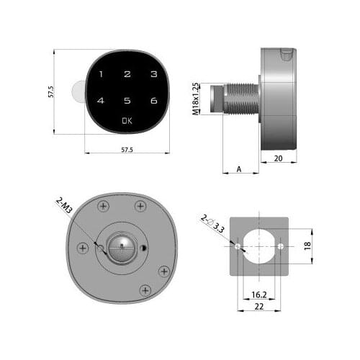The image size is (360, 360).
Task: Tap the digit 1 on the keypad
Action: [x=101, y=75]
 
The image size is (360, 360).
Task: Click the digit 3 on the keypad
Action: [x=154, y=75]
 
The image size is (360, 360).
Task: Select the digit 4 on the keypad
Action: [x=101, y=102]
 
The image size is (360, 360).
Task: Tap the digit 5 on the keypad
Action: [x=127, y=102]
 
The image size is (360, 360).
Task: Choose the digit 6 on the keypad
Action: [x=154, y=102]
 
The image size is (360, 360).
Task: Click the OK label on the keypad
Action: [x=127, y=121]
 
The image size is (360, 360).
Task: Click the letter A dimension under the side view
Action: [x=238, y=170]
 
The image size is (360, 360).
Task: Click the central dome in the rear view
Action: [x=122, y=247]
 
